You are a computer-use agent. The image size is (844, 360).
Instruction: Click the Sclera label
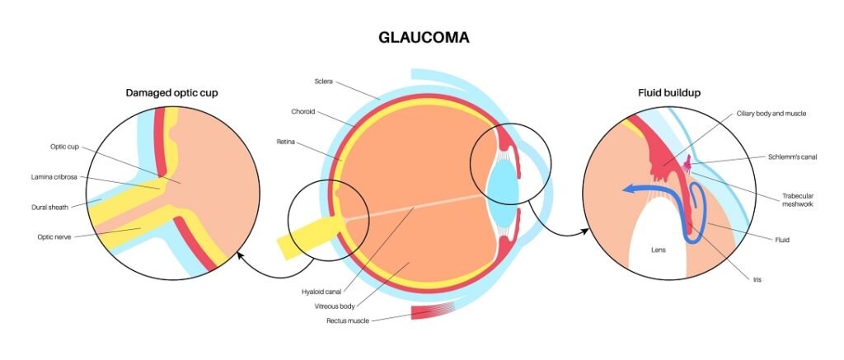[x=323, y=81]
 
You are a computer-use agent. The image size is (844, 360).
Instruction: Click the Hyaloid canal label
[x=321, y=291]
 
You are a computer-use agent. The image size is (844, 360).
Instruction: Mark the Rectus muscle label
[x=347, y=320]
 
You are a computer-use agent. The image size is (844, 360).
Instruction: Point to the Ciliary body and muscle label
[x=771, y=113]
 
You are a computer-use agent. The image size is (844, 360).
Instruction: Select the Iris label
[x=757, y=280]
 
